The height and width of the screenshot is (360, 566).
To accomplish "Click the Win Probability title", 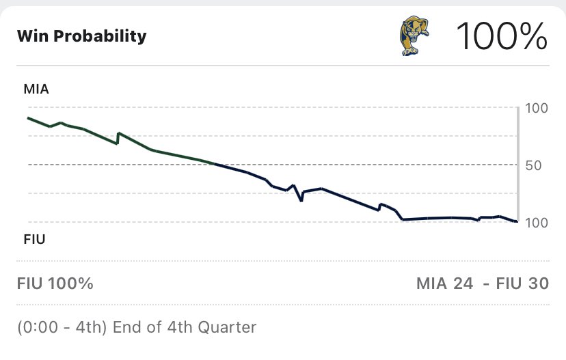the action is (82, 36).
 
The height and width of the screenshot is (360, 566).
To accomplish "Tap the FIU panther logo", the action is (414, 36).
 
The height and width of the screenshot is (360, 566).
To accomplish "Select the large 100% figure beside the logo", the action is (502, 36).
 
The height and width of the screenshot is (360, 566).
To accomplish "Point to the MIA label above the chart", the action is (36, 89).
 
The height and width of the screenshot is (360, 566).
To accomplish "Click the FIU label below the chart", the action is (34, 239).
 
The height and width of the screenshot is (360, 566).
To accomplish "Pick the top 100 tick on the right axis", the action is (537, 108).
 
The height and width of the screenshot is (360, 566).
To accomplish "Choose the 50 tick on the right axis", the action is (533, 165).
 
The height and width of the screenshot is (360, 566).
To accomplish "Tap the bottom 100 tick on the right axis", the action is (537, 223).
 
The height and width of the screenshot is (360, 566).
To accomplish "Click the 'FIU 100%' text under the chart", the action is (55, 283).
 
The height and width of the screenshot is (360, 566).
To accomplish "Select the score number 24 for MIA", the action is (463, 283).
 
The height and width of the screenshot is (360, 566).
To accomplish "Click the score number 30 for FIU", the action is (538, 283).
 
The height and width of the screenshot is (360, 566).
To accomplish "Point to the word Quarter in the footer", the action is (227, 327).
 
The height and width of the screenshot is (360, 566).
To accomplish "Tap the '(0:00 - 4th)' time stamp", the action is (62, 327).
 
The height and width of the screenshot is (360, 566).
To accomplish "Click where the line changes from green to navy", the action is (215, 163).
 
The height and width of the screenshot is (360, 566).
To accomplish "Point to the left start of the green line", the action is (29, 118).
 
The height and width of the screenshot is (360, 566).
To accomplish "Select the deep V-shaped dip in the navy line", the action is (301, 200).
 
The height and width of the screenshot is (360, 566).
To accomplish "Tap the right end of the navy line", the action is (517, 221).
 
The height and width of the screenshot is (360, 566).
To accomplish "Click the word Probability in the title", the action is (100, 36).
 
